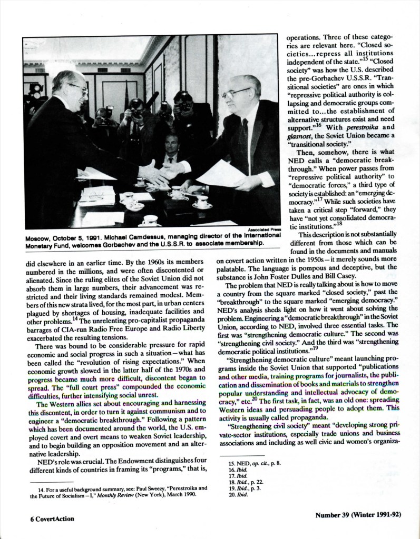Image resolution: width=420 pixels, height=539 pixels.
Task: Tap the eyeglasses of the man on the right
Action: [236, 94]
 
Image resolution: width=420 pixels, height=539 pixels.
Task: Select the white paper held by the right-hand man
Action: [221, 174]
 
